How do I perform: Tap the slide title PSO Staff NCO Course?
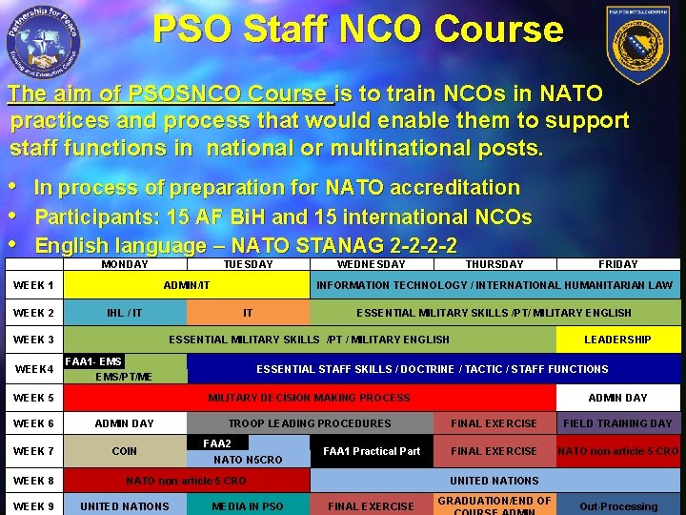[x=358, y=30]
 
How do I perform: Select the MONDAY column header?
[x=125, y=264]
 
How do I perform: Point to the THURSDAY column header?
[x=494, y=264]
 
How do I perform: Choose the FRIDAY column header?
[x=618, y=264]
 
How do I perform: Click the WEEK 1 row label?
[x=33, y=285]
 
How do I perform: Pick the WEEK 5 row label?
[x=33, y=398]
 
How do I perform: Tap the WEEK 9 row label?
[x=33, y=506]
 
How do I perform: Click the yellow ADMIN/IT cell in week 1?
[x=187, y=285]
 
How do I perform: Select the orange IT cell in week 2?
[x=248, y=313]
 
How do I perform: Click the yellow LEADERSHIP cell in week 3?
[x=617, y=340]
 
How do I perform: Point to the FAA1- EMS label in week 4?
[x=93, y=361]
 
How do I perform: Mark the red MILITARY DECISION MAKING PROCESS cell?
[x=309, y=398]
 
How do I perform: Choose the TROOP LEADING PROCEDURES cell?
[x=310, y=423]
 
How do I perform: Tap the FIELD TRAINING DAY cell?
[x=617, y=423]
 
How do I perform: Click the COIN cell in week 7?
[x=125, y=451]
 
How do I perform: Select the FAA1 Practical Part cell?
[x=372, y=451]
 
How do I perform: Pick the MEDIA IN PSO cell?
[x=248, y=506]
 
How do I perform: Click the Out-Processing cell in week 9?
[x=617, y=506]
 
